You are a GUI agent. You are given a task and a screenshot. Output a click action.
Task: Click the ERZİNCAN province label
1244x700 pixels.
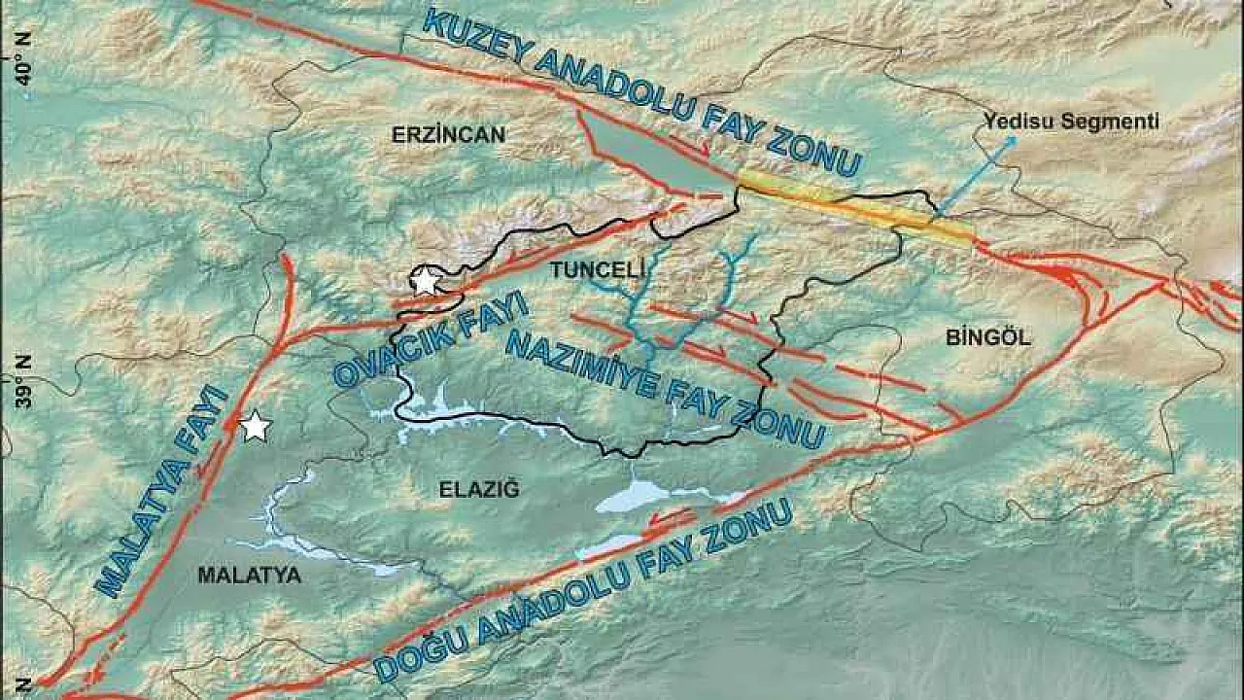point(448,135)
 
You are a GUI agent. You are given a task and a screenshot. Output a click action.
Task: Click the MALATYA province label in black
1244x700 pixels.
point(249,576)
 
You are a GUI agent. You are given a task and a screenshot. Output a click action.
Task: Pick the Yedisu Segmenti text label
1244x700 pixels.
point(1071,122)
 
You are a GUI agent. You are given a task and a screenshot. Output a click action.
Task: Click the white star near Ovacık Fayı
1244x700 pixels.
point(425,282)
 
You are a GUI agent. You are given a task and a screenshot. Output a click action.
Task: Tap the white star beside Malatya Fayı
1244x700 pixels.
point(255,426)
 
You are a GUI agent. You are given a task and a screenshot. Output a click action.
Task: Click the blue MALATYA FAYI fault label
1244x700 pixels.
point(164,491)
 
